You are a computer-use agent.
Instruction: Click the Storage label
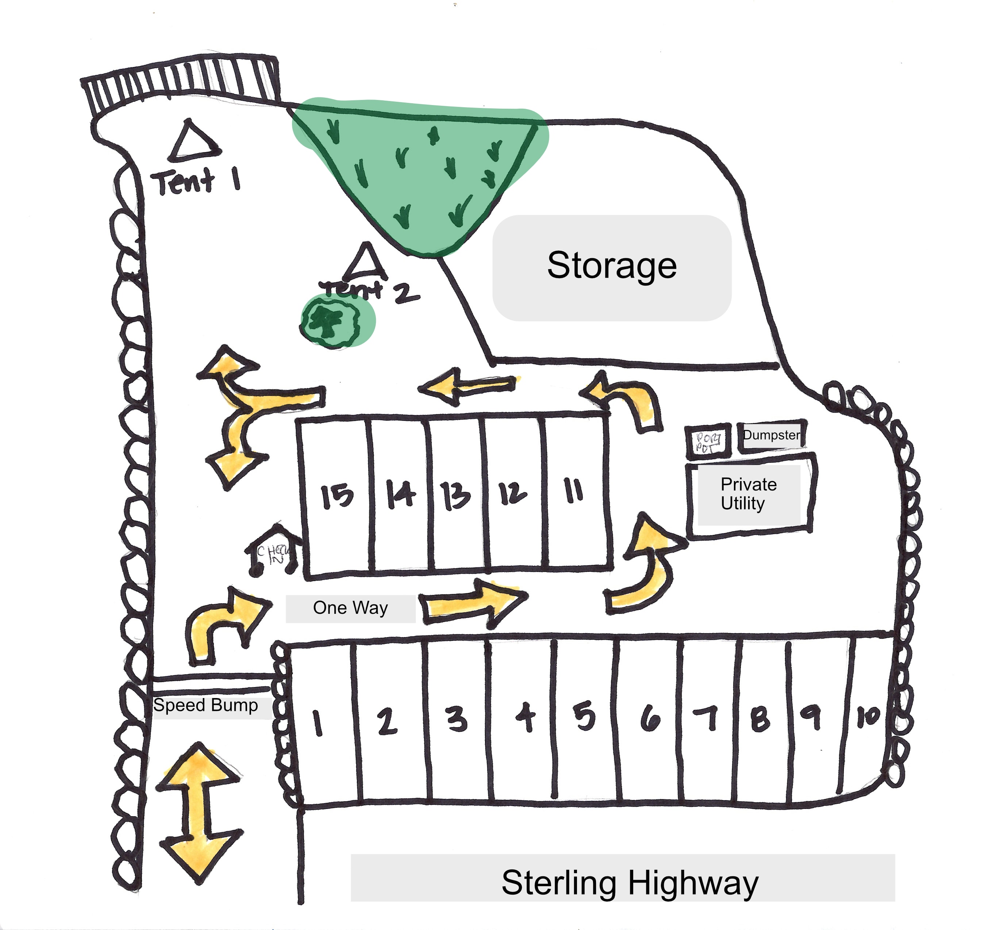point(612,266)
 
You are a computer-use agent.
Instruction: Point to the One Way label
point(350,608)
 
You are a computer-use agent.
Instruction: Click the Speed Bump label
point(205,705)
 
